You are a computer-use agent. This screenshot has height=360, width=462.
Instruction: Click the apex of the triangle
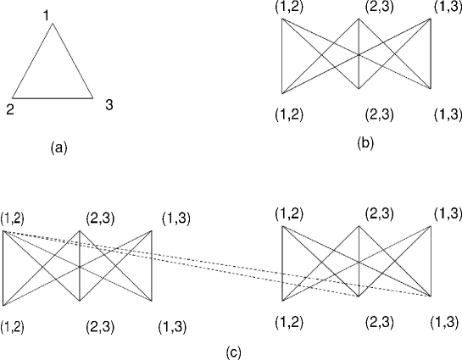point(53,24)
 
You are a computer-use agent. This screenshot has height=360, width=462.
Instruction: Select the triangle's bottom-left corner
point(12,98)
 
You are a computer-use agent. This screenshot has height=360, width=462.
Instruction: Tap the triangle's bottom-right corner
point(92,98)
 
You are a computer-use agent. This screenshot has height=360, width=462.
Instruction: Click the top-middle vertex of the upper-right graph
point(358,19)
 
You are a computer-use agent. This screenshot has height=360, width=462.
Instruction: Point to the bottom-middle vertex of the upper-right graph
point(358,89)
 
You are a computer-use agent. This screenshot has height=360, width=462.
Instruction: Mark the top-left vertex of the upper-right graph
point(282,19)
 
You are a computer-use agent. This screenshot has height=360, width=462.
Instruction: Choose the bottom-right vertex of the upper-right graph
point(431,89)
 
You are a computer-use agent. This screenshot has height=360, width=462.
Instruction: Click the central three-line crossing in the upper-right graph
point(358,54)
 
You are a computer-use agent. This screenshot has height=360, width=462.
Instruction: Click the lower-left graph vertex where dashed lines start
point(3,230)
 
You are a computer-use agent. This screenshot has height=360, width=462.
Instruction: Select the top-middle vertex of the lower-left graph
point(80,230)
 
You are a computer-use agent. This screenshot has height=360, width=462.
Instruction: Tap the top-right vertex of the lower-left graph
point(152,230)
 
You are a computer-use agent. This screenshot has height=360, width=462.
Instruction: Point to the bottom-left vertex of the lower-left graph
point(3,304)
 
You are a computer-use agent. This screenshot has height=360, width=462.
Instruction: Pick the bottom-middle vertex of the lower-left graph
point(80,302)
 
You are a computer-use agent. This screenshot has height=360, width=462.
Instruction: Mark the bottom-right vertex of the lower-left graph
point(152,302)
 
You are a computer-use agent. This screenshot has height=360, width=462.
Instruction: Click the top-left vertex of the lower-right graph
point(282,226)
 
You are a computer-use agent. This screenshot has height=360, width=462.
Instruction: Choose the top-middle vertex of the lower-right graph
point(358,226)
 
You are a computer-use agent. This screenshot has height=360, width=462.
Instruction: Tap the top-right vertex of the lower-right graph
point(431,226)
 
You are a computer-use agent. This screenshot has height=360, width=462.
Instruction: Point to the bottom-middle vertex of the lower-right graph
point(358,297)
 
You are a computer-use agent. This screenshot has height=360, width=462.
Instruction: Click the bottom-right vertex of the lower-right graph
point(431,297)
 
